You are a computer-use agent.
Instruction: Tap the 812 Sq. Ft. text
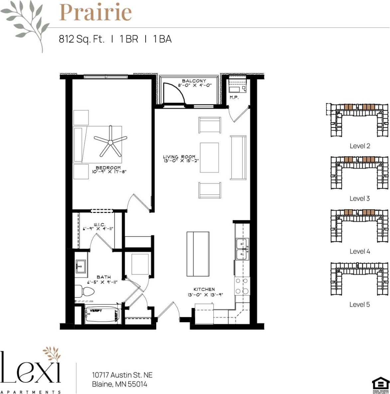tap(81, 39)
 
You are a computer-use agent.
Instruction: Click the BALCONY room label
tap(194, 81)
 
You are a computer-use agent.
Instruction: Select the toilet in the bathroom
tap(84, 291)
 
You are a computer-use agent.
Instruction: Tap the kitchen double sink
tap(242, 249)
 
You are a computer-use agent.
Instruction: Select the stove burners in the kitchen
tap(242, 286)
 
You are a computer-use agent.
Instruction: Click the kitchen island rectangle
tap(198, 254)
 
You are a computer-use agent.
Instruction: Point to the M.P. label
tap(234, 97)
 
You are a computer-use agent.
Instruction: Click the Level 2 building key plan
tap(359, 120)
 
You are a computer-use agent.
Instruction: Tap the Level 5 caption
tap(359, 304)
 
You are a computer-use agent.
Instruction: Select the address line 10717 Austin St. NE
tap(122, 375)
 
